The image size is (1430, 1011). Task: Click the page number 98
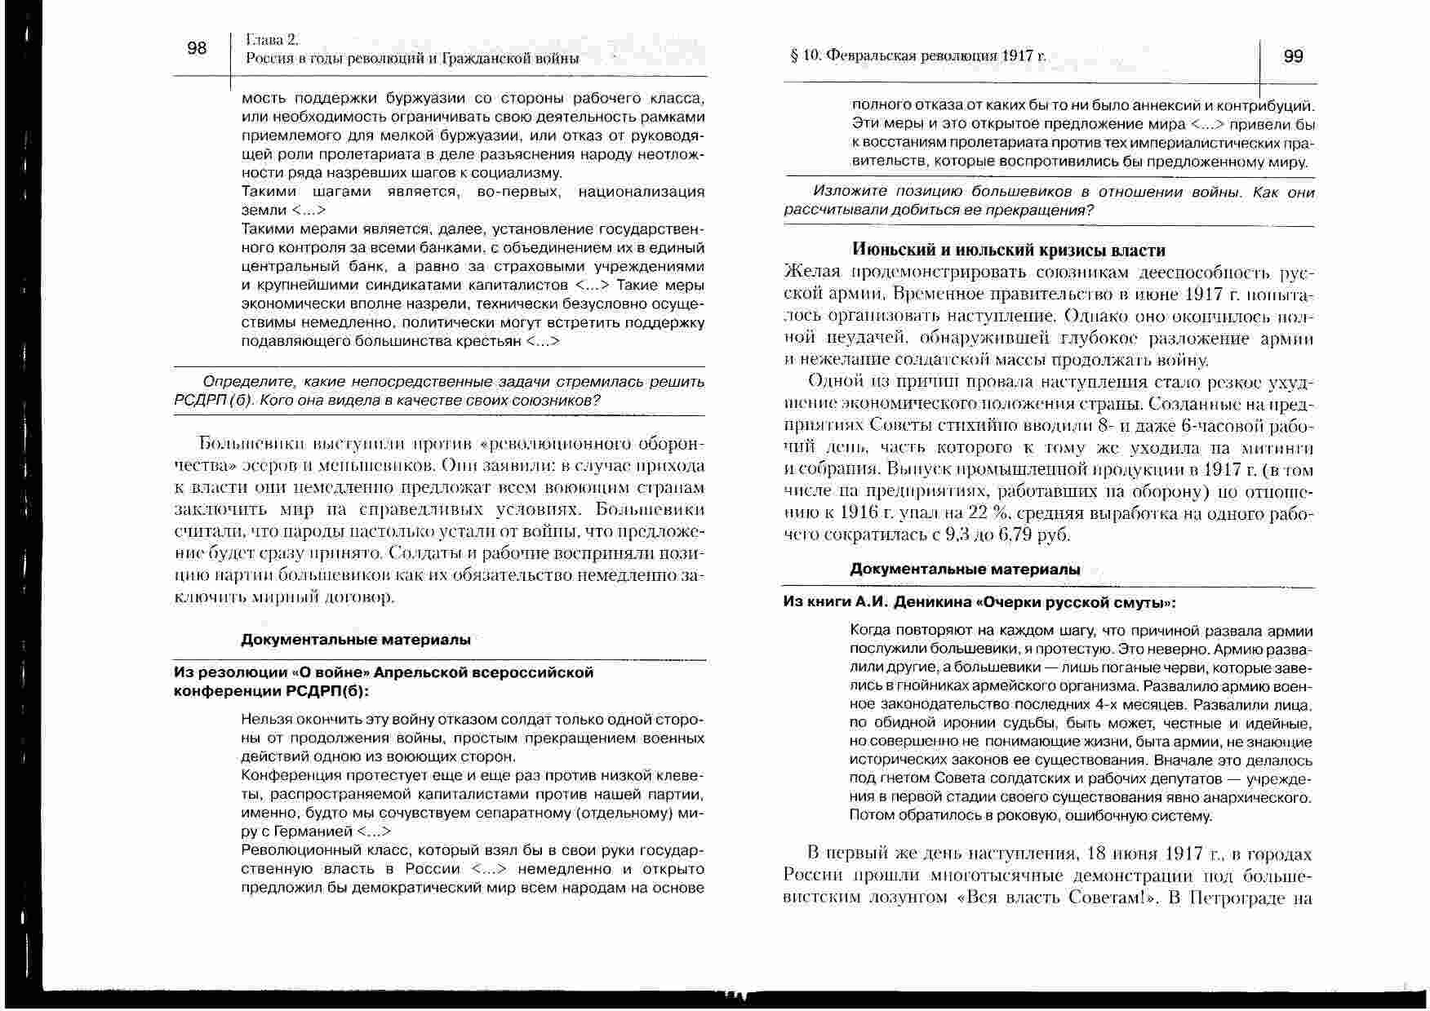pyautogui.click(x=197, y=48)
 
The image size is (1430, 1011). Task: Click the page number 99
pyautogui.click(x=1293, y=56)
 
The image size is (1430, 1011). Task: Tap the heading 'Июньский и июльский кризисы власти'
pyautogui.click(x=1008, y=251)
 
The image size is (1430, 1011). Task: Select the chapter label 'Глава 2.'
pyautogui.click(x=273, y=39)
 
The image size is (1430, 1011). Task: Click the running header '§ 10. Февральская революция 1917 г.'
pyautogui.click(x=917, y=56)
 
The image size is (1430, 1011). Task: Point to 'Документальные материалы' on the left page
pyautogui.click(x=355, y=640)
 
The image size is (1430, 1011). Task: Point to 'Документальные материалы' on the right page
pyautogui.click(x=965, y=570)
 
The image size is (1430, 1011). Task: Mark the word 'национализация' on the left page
pyautogui.click(x=640, y=192)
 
